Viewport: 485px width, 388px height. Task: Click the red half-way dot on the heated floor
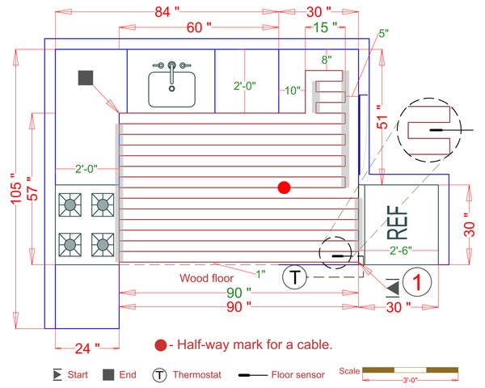click(284, 188)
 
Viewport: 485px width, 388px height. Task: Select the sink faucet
click(171, 65)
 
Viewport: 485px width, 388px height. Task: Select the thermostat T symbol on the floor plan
click(296, 278)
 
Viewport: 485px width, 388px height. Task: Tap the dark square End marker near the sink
click(86, 78)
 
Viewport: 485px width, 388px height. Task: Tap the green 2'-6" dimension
click(401, 251)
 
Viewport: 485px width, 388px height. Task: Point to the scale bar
click(411, 370)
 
